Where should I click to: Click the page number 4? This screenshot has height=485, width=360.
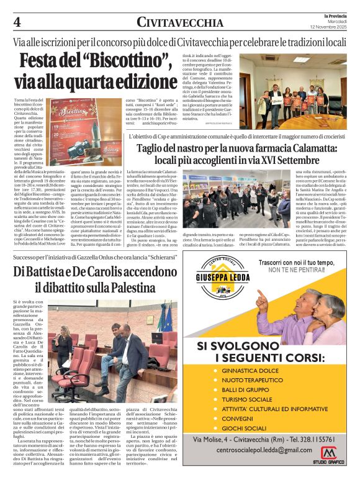coord(17,22)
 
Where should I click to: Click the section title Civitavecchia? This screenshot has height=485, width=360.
coord(180,23)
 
